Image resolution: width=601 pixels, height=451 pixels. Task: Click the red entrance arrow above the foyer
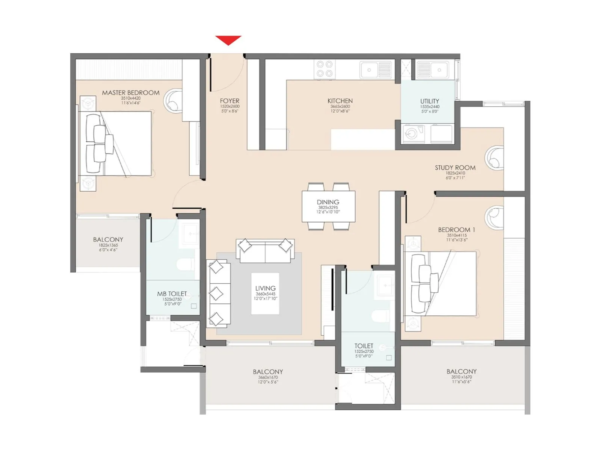tap(228, 40)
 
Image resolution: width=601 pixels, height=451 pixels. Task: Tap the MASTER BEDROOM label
tap(131, 93)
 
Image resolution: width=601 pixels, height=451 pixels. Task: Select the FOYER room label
tap(230, 101)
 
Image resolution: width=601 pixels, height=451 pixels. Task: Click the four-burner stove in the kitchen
tap(325, 70)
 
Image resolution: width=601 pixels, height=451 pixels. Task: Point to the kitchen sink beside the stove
tap(375, 70)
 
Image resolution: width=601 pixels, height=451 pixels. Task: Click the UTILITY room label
tap(429, 101)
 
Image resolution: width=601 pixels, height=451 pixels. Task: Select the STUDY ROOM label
tap(455, 168)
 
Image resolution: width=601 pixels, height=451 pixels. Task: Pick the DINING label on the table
tap(328, 202)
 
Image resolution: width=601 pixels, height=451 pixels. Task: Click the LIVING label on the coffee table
tap(265, 289)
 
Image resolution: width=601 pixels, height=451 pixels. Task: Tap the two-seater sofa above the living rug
tap(265, 251)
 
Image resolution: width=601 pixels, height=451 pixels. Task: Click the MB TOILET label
tap(172, 294)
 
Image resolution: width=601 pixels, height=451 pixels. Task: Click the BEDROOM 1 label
tap(456, 230)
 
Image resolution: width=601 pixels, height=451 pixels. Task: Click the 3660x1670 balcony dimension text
tap(268, 377)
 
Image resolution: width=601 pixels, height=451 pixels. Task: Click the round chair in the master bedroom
tap(174, 100)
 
